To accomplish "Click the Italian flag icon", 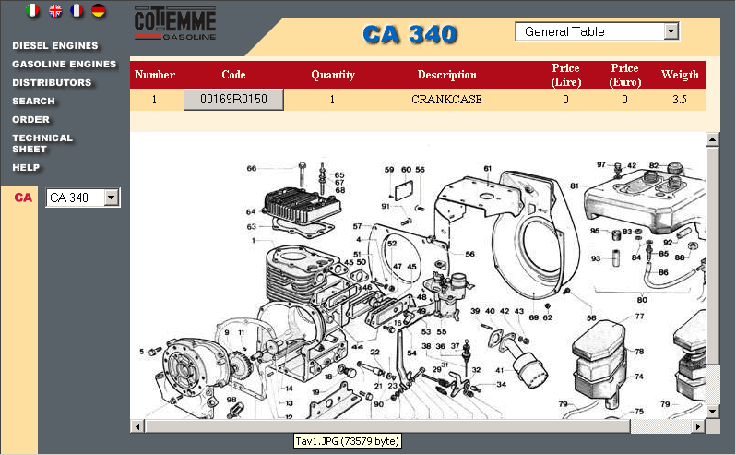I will (x=33, y=11).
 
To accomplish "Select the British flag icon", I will (x=55, y=11).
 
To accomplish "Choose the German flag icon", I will (x=98, y=11).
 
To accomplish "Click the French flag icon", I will (x=77, y=11).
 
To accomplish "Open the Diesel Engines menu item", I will (x=54, y=45).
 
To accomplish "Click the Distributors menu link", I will (x=52, y=82).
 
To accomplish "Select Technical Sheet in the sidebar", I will (x=42, y=143).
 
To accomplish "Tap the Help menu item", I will (x=26, y=167).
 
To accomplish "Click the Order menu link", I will (x=30, y=119).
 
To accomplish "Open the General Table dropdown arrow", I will (x=671, y=31).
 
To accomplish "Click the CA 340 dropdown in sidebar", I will (x=83, y=198).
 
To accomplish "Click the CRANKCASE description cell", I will (x=446, y=100).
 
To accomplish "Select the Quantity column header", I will (x=333, y=75).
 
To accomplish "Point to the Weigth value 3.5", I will (x=679, y=100).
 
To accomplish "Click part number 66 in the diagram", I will (x=251, y=168).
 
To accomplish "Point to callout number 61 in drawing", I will (x=487, y=168).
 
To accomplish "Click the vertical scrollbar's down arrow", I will (x=712, y=412).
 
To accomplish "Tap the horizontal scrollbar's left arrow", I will (x=137, y=426).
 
